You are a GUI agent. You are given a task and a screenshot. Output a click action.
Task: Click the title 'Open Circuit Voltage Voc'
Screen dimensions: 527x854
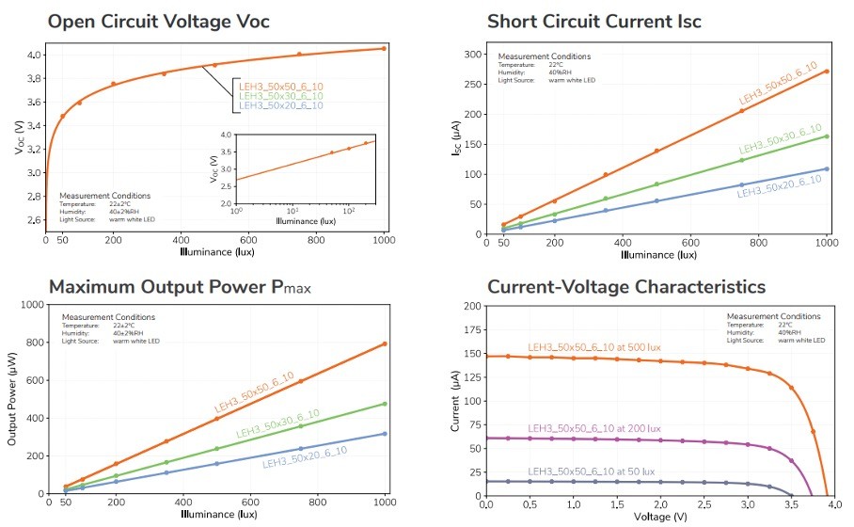(180, 22)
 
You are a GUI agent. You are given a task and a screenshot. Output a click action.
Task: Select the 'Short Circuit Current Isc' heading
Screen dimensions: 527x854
(593, 22)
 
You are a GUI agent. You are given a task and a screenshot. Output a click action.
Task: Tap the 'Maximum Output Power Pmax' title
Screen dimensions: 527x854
(179, 286)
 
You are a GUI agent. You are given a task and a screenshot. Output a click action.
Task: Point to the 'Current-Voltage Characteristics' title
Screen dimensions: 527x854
(625, 286)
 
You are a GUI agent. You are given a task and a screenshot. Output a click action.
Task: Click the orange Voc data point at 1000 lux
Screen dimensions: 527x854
(384, 48)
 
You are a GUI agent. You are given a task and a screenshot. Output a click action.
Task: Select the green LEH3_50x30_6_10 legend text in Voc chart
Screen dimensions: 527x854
(280, 96)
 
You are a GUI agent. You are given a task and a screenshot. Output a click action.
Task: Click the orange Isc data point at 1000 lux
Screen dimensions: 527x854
(827, 72)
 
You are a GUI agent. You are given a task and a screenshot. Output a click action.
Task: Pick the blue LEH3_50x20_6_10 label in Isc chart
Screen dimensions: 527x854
(779, 186)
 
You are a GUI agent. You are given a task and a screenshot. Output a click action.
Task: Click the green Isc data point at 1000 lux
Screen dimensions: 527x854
(827, 136)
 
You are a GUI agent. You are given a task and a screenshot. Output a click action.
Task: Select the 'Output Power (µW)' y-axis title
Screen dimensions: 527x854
(12, 399)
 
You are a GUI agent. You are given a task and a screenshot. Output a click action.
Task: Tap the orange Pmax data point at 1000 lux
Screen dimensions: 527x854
(384, 343)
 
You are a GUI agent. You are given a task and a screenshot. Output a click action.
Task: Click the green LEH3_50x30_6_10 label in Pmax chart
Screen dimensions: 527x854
(277, 424)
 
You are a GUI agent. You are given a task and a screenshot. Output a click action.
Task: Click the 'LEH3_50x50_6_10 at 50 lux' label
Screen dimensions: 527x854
(591, 471)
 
